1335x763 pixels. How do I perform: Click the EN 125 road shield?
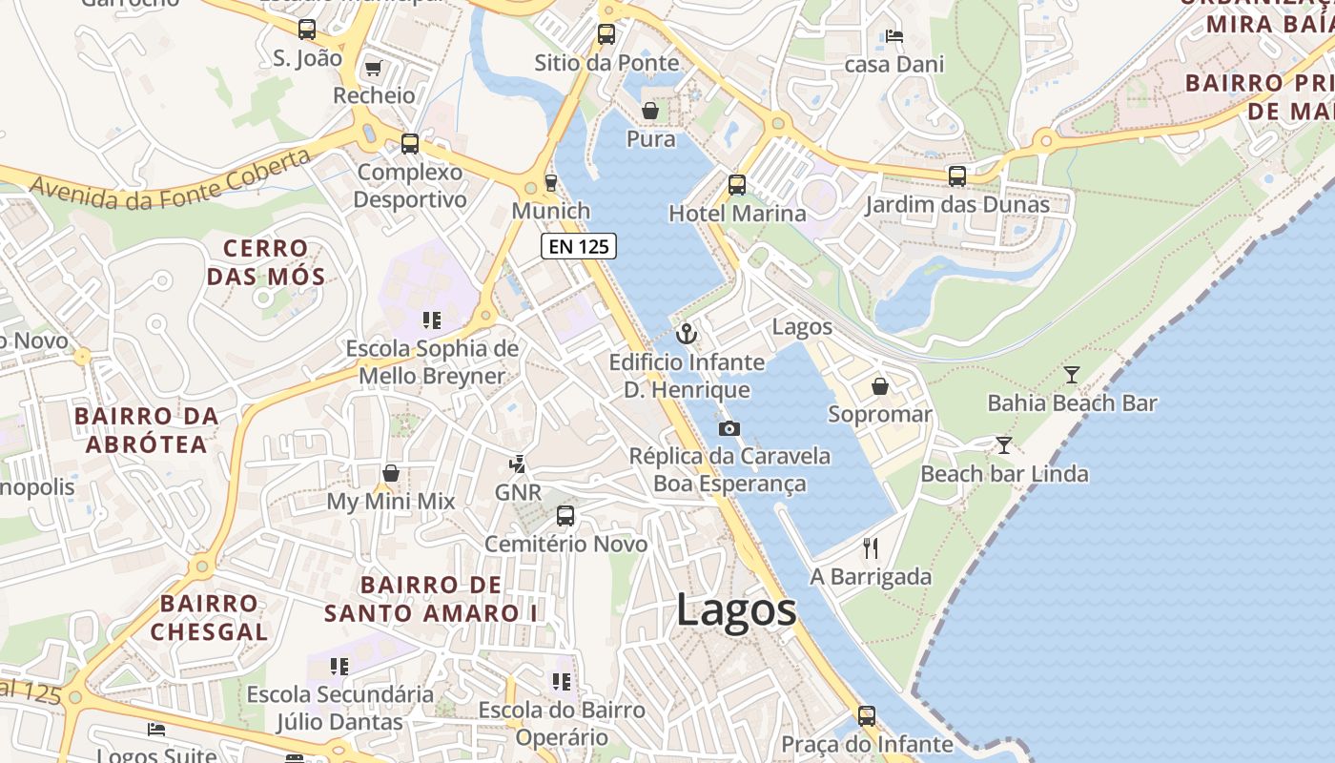tap(579, 246)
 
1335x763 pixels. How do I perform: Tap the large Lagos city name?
tap(736, 609)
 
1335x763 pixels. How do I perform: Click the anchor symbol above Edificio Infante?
tap(687, 334)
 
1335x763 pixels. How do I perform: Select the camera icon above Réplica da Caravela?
tap(729, 428)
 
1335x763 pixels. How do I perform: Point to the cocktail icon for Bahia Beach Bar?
tap(1072, 375)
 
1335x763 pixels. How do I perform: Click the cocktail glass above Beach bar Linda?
tap(1004, 444)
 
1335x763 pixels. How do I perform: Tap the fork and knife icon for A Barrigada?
tap(870, 547)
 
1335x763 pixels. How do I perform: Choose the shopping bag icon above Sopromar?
tap(879, 386)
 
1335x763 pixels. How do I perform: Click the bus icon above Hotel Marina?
tap(737, 185)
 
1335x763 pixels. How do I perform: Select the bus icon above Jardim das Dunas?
tap(957, 176)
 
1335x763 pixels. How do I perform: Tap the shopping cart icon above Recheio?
tap(373, 68)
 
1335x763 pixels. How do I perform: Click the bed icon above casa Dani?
tap(893, 36)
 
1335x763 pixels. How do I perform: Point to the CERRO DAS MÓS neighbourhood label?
tap(266, 262)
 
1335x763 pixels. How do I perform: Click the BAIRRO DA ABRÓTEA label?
tap(147, 430)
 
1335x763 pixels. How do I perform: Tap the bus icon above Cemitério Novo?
tap(565, 516)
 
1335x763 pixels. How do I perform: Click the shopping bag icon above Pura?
tap(650, 111)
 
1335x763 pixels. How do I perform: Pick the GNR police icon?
tap(517, 464)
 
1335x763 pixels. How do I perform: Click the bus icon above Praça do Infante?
tap(867, 715)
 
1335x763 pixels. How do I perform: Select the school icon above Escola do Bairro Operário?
tap(562, 682)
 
